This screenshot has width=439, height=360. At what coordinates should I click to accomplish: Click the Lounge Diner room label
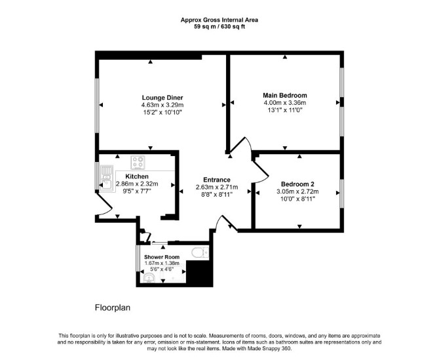[x=162, y=98]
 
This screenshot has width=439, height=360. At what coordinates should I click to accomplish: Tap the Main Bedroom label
[x=285, y=95]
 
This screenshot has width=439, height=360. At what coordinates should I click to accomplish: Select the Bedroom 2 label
[x=297, y=184]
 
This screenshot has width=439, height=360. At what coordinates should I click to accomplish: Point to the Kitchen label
[x=137, y=176]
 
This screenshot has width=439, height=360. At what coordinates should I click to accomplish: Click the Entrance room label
[x=217, y=180]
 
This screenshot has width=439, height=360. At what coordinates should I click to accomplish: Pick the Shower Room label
[x=162, y=257]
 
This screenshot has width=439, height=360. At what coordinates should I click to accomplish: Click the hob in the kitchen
[x=138, y=163]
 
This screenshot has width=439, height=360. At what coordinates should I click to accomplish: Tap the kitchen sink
[x=106, y=179]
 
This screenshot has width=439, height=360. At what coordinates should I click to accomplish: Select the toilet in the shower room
[x=200, y=252]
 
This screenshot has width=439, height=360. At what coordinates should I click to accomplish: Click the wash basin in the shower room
[x=149, y=278]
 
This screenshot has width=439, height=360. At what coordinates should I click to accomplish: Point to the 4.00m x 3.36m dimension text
[x=285, y=103]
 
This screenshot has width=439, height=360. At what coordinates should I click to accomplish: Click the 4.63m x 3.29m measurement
[x=162, y=105]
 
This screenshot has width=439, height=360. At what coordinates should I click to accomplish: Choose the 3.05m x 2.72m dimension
[x=297, y=191]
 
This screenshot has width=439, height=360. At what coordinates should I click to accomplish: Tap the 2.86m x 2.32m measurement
[x=137, y=184]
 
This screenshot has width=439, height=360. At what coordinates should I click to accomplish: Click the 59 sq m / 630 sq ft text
[x=220, y=27]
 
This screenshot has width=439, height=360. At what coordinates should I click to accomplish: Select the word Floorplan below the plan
[x=113, y=308]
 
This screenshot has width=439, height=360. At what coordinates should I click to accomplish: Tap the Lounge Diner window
[x=97, y=105]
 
